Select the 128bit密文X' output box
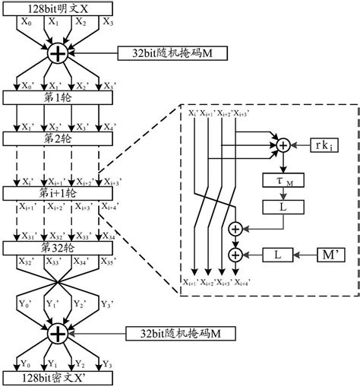click(x=57, y=378)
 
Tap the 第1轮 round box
click(x=57, y=97)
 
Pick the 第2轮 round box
click(x=57, y=139)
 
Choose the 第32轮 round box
click(x=57, y=248)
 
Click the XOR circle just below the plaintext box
click(x=58, y=54)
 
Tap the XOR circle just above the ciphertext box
click(x=58, y=333)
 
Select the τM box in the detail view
click(x=283, y=179)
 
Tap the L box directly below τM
click(x=283, y=206)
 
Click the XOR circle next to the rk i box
click(x=283, y=144)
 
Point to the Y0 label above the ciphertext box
click(x=28, y=363)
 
